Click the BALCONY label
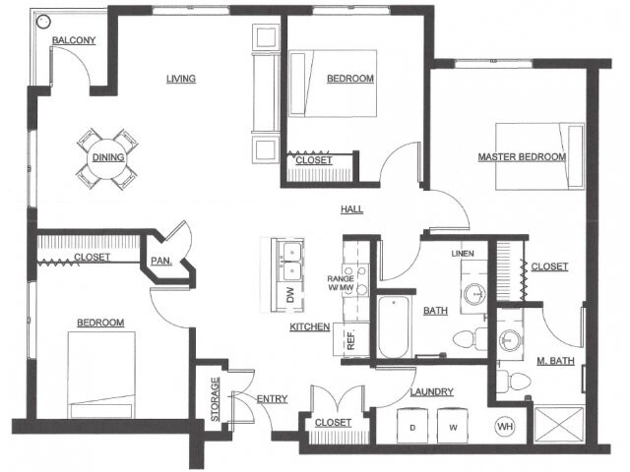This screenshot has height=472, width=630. [x=74, y=40]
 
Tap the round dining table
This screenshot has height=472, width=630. [x=107, y=157]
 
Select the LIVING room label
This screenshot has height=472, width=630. [x=181, y=79]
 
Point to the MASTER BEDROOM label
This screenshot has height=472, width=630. [x=522, y=156]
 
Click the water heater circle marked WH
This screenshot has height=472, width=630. [x=505, y=426]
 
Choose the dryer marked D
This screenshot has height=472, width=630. [x=412, y=426]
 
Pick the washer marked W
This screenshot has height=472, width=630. [x=453, y=426]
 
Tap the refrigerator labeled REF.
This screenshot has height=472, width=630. [x=351, y=339]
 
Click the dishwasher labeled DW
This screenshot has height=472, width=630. [x=290, y=295]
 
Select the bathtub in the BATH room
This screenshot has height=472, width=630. [x=394, y=327]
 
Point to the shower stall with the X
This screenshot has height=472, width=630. [x=558, y=425]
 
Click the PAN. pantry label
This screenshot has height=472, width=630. [x=161, y=261]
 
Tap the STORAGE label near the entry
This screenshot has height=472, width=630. [x=216, y=399]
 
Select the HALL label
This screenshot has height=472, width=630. [x=352, y=209]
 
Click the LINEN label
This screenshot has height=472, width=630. [x=463, y=254]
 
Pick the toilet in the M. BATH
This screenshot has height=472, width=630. [x=514, y=381]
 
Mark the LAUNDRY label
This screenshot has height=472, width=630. [x=432, y=391]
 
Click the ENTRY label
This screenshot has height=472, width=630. [x=273, y=398]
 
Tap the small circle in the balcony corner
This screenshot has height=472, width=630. [x=43, y=22]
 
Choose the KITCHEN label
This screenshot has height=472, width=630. [x=310, y=327]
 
